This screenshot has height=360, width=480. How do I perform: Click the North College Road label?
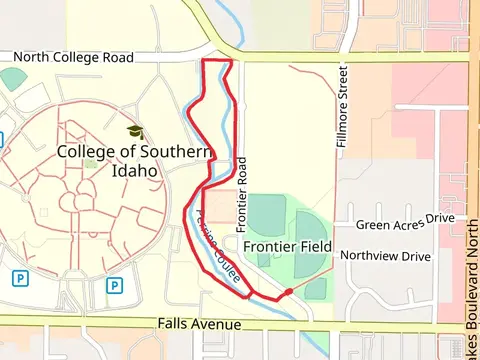(73, 58)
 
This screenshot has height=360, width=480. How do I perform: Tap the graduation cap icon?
(135, 132)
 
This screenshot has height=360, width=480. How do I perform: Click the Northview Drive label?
(386, 256)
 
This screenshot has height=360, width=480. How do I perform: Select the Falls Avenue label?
(200, 325)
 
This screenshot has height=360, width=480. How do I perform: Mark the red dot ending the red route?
(288, 292)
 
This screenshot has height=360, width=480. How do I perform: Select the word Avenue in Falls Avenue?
(217, 325)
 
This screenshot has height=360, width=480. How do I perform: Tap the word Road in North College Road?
(118, 58)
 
